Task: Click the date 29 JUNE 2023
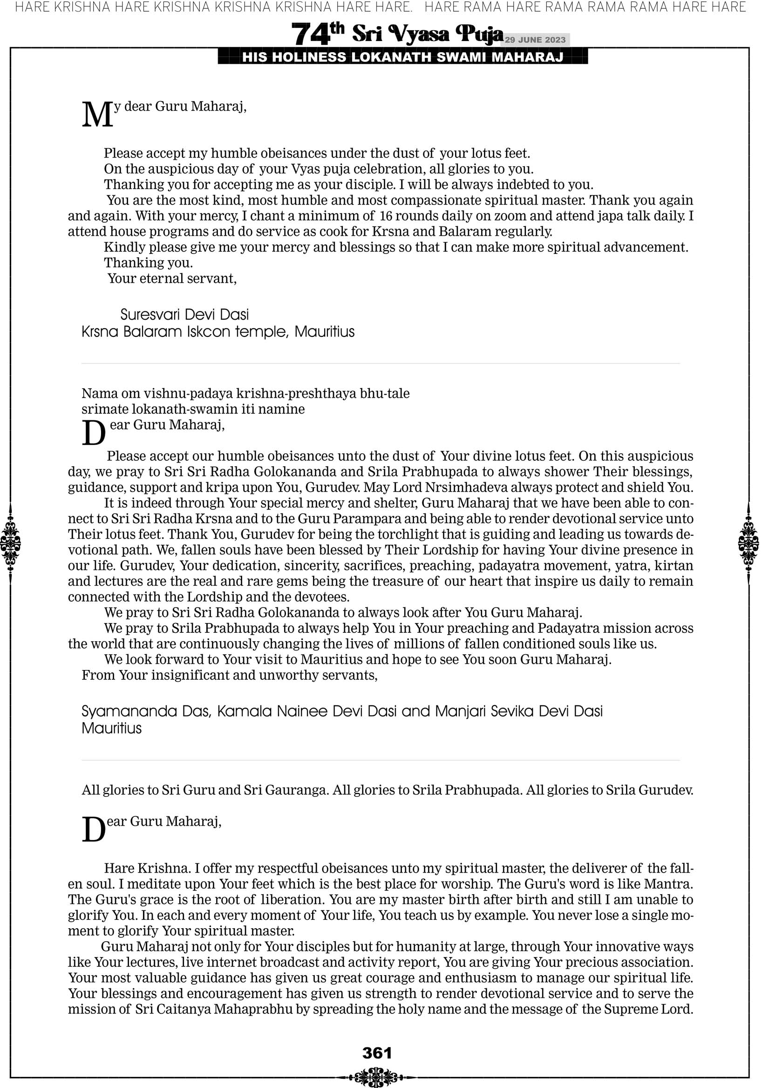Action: click(x=535, y=40)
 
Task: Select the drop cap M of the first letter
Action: click(x=97, y=115)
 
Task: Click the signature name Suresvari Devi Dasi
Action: click(x=184, y=315)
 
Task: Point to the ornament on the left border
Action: click(x=10, y=543)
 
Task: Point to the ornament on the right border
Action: click(x=749, y=543)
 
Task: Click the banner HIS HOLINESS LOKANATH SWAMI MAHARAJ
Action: click(x=402, y=57)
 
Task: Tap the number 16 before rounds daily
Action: click(x=386, y=216)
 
